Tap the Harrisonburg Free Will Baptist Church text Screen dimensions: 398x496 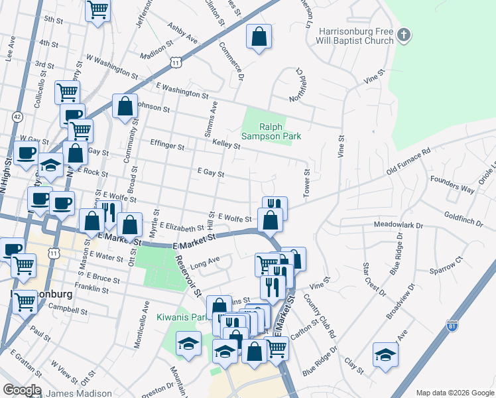click(x=356, y=36)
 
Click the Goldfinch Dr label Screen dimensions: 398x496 click(x=467, y=216)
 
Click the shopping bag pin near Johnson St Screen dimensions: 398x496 click(x=125, y=106)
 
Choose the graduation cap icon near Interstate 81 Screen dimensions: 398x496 click(x=385, y=354)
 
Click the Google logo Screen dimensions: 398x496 click(x=21, y=390)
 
